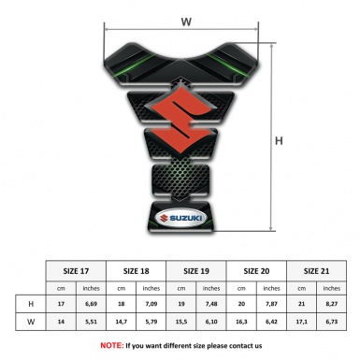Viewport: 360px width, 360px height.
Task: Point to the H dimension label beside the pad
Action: (x=279, y=141)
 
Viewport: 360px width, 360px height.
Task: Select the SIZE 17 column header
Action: (x=77, y=271)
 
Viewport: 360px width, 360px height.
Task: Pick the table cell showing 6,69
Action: (x=92, y=305)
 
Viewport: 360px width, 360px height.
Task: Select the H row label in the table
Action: (x=32, y=305)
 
